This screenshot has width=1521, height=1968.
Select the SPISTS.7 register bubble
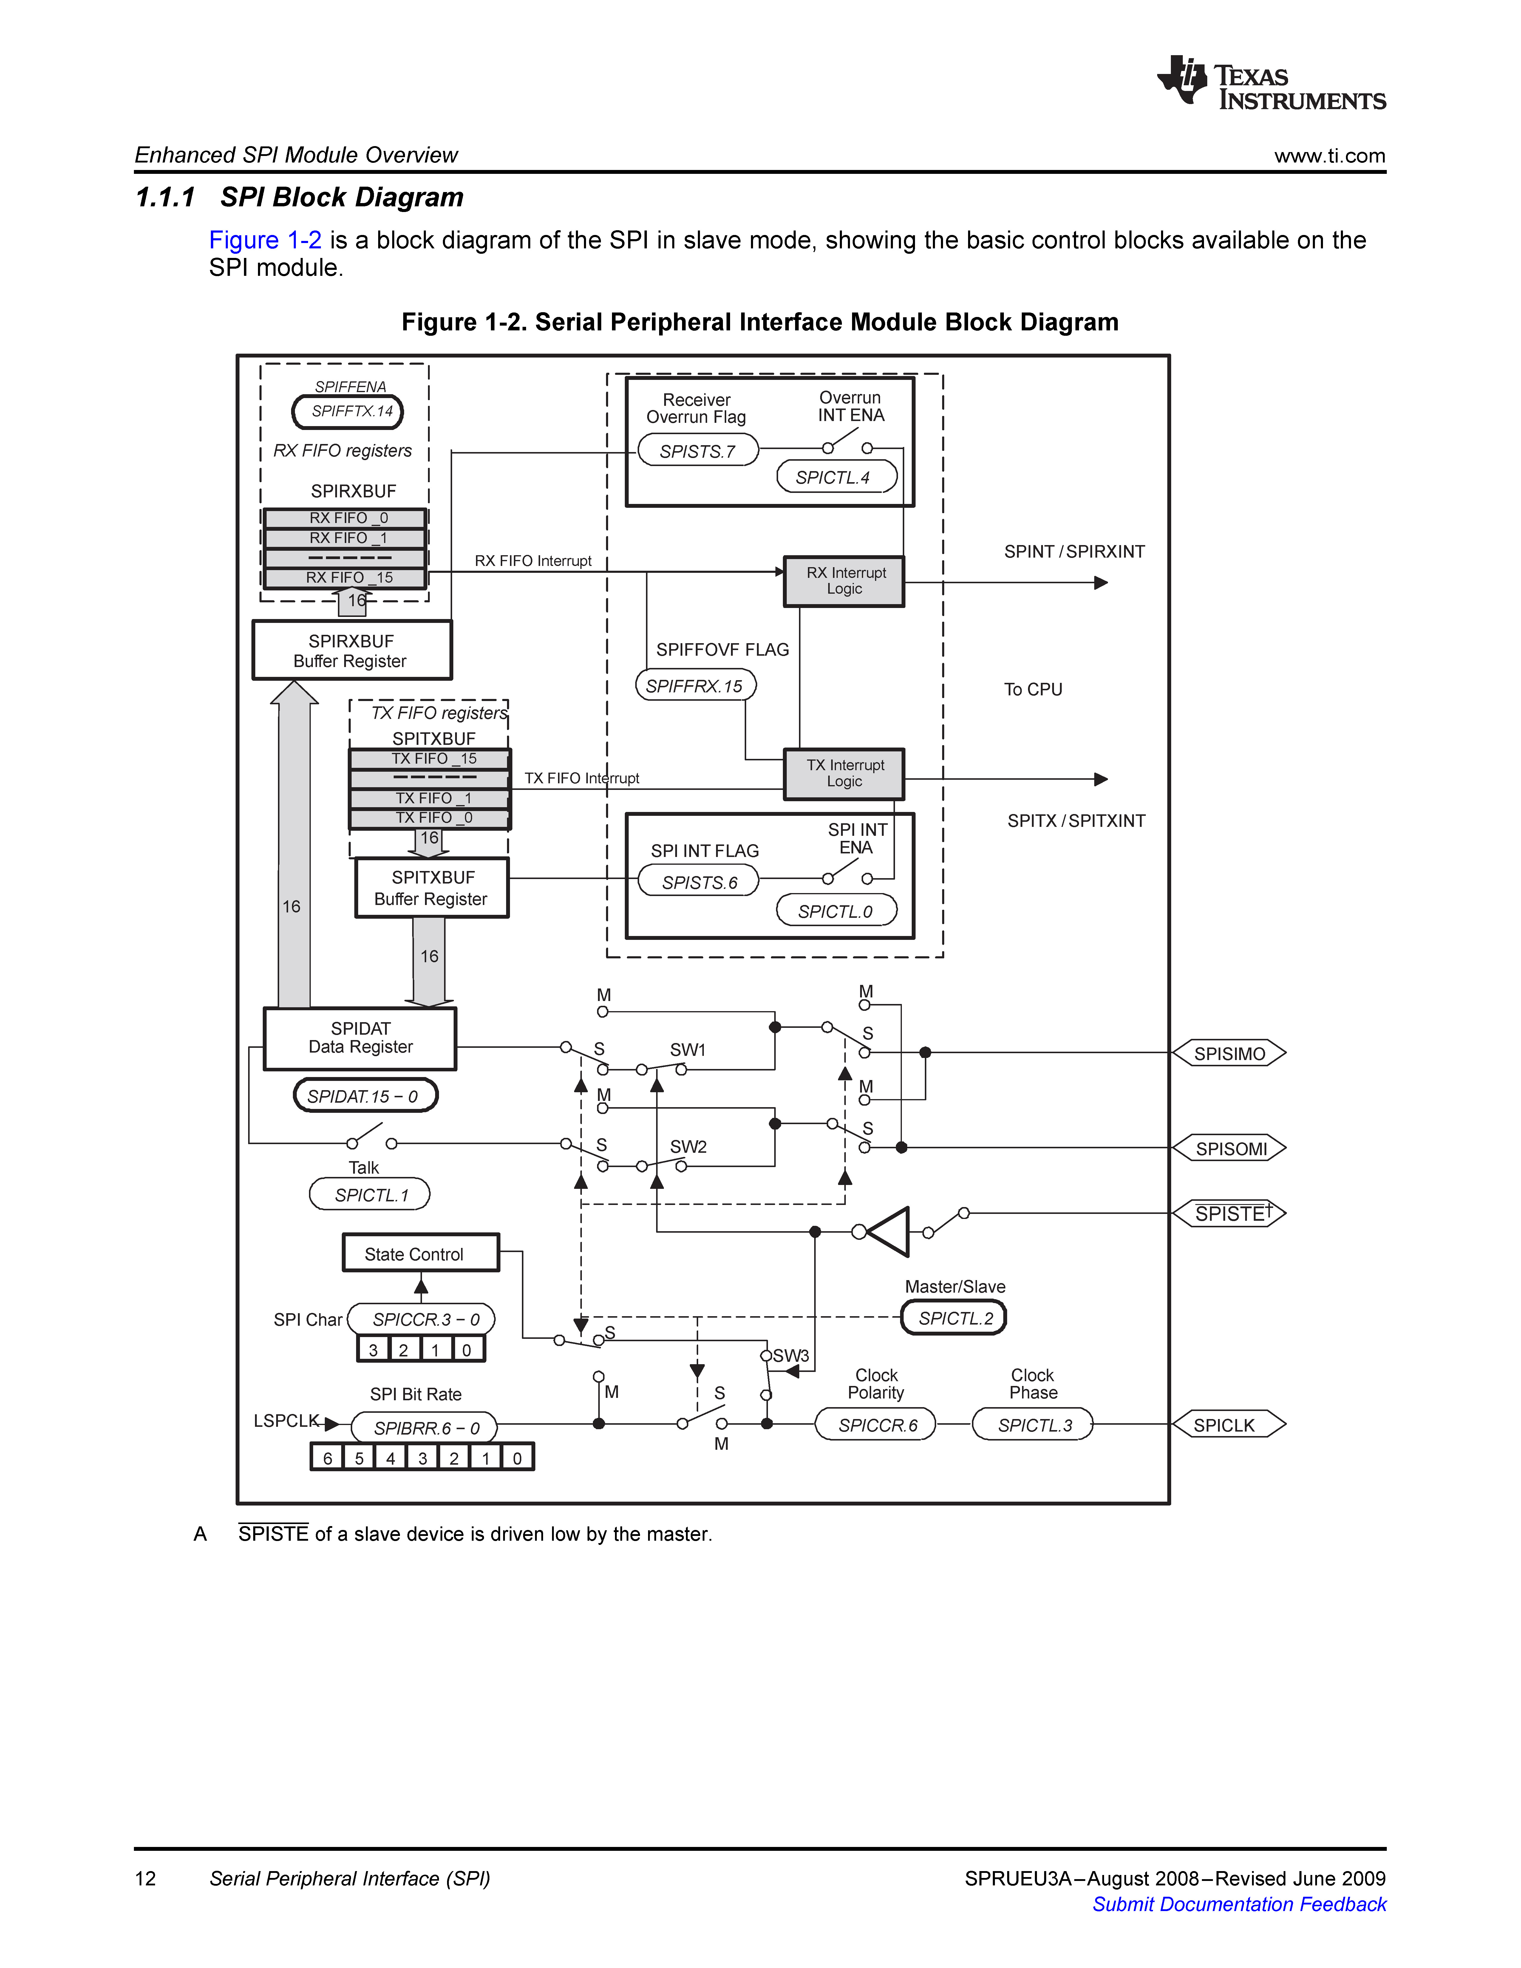pos(698,451)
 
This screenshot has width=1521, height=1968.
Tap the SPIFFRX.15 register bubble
pos(695,686)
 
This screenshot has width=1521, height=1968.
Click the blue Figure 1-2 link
pos(265,241)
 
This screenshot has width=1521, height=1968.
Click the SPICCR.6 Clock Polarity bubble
pos(877,1425)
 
